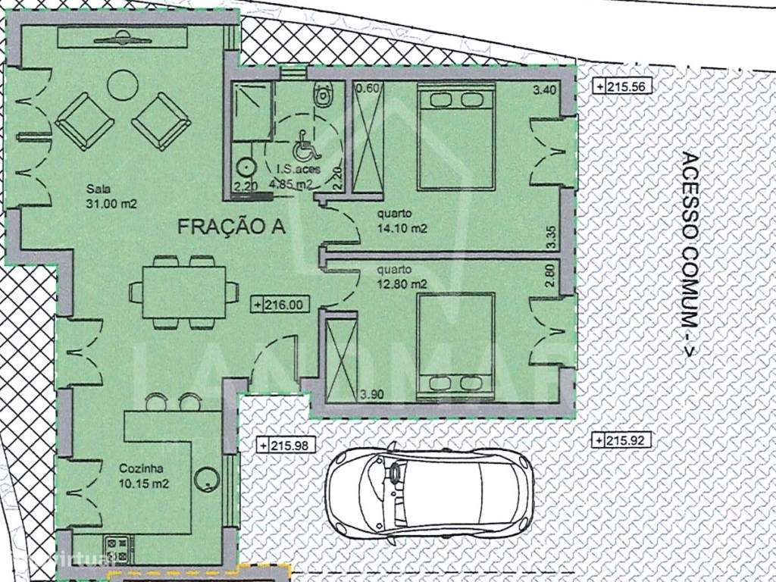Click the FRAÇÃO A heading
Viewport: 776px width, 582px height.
click(231, 226)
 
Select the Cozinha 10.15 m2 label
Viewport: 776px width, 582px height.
click(143, 476)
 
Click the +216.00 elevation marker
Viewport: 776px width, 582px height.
click(280, 305)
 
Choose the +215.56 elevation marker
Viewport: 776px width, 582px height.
click(623, 87)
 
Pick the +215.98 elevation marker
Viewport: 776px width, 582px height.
click(283, 445)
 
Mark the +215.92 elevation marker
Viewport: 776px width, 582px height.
click(622, 440)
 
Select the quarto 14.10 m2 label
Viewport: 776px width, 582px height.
click(402, 220)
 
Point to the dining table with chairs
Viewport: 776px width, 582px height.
click(180, 292)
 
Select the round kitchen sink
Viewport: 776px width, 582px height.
click(206, 477)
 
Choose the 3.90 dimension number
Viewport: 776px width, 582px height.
click(374, 393)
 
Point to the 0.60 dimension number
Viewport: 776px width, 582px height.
click(366, 88)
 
